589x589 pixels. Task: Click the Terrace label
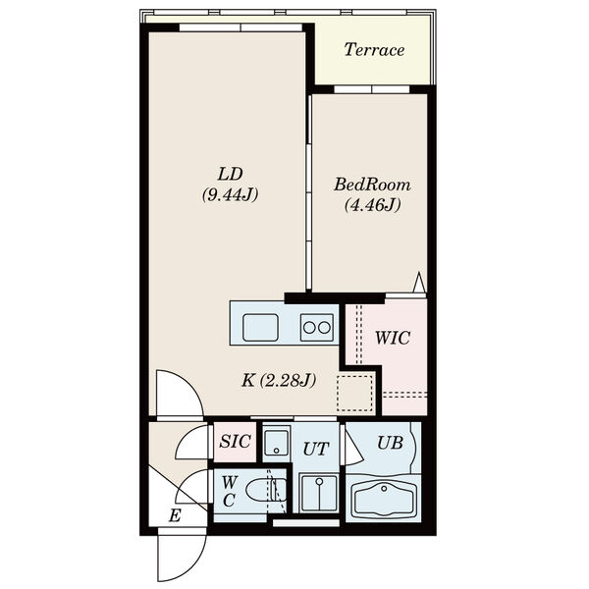(x=374, y=50)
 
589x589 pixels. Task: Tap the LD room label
(x=231, y=175)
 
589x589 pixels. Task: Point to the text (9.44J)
(x=231, y=195)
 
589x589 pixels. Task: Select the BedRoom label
(x=372, y=185)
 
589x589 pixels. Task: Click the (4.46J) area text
(x=372, y=205)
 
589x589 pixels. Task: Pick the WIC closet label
(x=393, y=338)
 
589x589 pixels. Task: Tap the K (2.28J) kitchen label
(x=279, y=381)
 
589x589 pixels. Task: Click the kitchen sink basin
(x=260, y=328)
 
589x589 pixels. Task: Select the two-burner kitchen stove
(x=317, y=328)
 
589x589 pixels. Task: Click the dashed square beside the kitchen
(x=354, y=393)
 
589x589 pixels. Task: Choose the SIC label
(x=236, y=441)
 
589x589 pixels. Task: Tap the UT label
(x=316, y=449)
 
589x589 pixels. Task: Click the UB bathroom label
(x=391, y=444)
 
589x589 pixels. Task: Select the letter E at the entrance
(x=175, y=515)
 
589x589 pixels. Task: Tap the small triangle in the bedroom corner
(x=419, y=282)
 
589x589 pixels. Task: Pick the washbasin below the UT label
(x=319, y=493)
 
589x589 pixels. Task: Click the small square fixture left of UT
(x=277, y=444)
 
